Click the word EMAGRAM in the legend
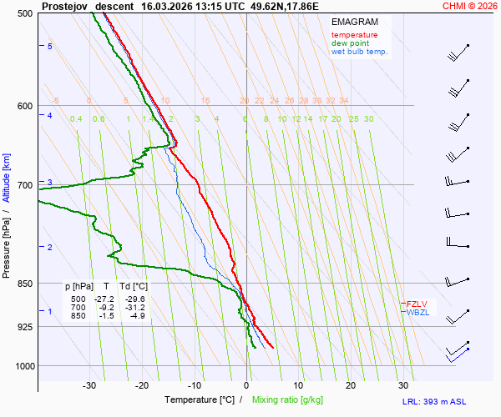(x=354, y=21)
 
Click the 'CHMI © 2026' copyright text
(x=470, y=6)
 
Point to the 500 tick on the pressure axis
(x=23, y=13)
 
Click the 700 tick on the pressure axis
(x=23, y=185)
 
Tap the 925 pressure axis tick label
(x=23, y=327)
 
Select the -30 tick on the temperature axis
(x=89, y=385)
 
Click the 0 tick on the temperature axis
(x=246, y=385)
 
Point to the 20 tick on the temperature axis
(x=351, y=385)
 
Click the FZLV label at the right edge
(x=417, y=304)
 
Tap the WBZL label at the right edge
(x=417, y=313)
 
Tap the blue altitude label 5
(x=50, y=46)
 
